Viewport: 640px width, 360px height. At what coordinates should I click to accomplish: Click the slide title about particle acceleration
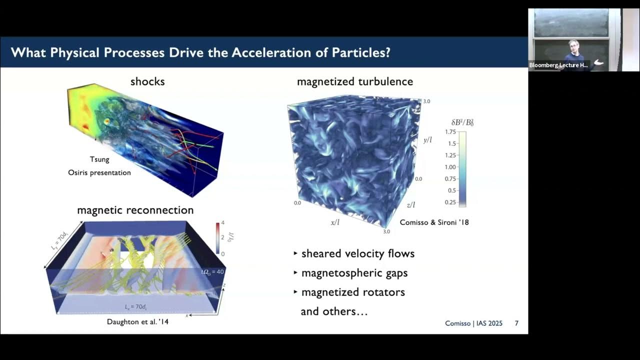coord(200,52)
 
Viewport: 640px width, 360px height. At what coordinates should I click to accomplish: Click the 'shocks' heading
coord(147,81)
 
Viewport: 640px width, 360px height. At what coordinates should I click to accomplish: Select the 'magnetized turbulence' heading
coord(355,81)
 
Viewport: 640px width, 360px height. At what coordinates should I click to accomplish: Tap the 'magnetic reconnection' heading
coord(135,210)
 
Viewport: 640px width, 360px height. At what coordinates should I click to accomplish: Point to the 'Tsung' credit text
coord(99,159)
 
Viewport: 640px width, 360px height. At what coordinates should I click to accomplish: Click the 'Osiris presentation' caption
coord(99,172)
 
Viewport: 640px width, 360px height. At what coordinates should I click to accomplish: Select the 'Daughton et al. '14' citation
coord(137,321)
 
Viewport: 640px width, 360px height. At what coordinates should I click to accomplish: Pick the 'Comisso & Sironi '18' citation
coord(434,222)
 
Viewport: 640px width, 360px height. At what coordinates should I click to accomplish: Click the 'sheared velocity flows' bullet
coord(357,253)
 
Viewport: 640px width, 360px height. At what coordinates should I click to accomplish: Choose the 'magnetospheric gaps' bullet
coord(354,273)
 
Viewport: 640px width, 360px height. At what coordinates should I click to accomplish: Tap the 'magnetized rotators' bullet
coord(352,292)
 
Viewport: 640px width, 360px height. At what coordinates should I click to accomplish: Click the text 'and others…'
coord(334,311)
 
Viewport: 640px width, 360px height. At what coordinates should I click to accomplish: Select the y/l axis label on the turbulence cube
coord(427,140)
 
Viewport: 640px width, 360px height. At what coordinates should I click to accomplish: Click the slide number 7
coord(516,323)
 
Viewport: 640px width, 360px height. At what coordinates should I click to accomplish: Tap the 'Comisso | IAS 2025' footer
coord(473,323)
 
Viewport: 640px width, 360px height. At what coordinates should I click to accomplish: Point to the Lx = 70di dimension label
coord(135,306)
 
